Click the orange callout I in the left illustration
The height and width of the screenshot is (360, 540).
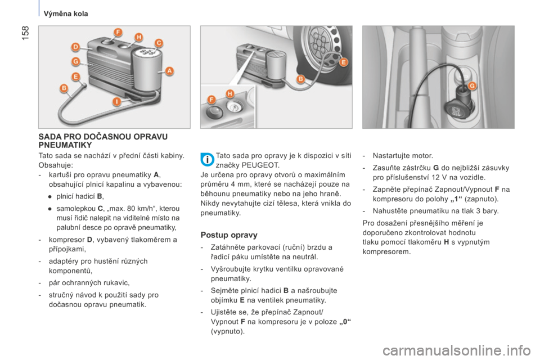(118, 102)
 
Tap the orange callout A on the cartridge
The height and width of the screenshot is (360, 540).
(169, 71)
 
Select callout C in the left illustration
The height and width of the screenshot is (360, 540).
(159, 43)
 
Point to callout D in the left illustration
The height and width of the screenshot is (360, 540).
(75, 47)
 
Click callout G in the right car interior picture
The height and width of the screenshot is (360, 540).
(472, 85)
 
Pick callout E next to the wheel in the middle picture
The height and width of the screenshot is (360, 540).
(343, 62)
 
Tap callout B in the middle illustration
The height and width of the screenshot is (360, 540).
(300, 79)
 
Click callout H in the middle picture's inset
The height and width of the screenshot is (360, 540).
(229, 94)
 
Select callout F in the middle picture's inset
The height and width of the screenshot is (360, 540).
(211, 100)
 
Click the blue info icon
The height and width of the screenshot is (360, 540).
(208, 160)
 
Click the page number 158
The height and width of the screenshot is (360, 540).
(25, 33)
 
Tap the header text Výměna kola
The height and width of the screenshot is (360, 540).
(66, 13)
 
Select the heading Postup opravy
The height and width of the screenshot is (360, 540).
(229, 235)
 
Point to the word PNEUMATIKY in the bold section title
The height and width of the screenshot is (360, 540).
(65, 145)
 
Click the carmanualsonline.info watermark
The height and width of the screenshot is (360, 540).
(456, 351)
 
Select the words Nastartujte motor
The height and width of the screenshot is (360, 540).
(403, 156)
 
